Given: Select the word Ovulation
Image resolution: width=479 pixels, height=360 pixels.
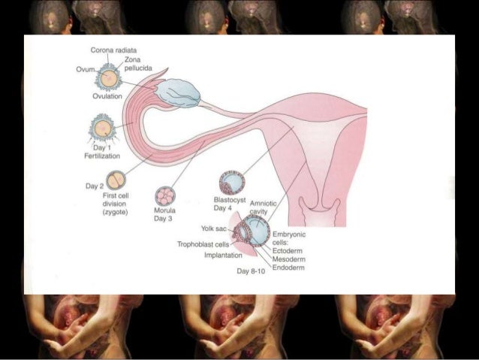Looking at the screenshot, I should (107, 97).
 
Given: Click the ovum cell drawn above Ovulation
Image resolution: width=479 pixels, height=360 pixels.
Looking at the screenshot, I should (109, 77).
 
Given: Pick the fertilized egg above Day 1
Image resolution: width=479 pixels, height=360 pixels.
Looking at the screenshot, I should (102, 126).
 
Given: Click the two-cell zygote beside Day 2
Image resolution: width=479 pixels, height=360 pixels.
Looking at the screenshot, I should (116, 180).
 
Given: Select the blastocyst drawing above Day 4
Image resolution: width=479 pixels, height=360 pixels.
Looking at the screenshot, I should (231, 183).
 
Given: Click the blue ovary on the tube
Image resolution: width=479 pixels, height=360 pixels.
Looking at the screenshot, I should (179, 92).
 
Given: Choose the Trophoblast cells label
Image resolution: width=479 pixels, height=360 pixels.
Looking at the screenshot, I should (203, 244).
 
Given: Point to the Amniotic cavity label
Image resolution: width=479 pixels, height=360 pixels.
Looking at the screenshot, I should (264, 208).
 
